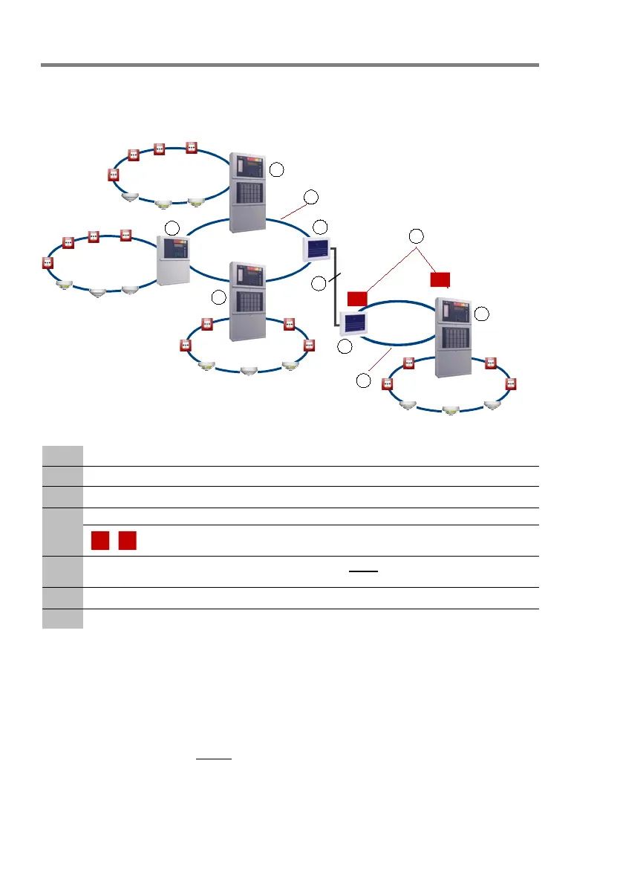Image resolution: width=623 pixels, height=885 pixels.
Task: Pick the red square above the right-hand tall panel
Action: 440,279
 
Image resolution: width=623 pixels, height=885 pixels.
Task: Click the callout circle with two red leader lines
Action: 417,236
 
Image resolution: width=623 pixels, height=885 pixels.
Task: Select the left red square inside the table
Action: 100,541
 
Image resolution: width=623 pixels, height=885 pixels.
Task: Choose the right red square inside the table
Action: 126,541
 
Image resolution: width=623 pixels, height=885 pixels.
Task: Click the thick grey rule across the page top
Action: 290,65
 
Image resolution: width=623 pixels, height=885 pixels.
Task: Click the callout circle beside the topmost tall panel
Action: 276,170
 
